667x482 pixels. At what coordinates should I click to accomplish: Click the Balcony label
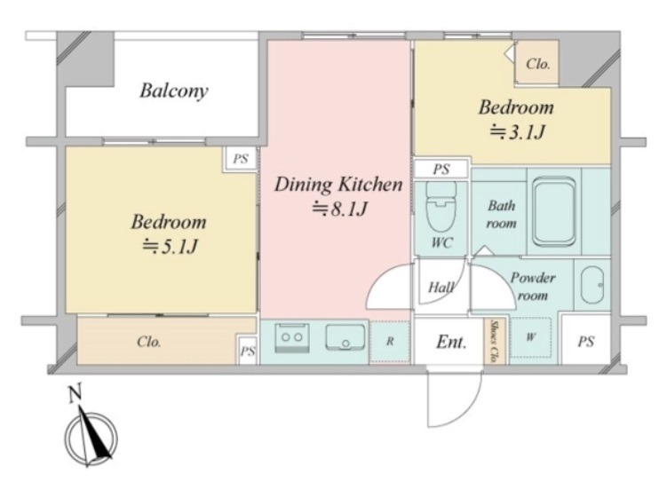[x=174, y=91]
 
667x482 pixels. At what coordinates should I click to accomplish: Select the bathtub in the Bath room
[x=554, y=212]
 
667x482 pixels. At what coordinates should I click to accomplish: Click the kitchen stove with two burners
[x=292, y=338]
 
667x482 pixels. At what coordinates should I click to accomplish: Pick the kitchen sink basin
[x=345, y=337]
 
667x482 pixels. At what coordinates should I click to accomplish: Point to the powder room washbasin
[x=592, y=285]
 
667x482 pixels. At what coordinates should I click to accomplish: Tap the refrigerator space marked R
[x=390, y=342]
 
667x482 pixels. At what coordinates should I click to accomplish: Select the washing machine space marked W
[x=530, y=337]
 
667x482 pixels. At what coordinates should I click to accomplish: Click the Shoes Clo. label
[x=495, y=341]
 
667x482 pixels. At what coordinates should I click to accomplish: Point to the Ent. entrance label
[x=451, y=342]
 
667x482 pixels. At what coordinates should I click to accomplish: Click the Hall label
[x=441, y=288]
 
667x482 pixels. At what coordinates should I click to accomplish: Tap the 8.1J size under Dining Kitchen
[x=339, y=209]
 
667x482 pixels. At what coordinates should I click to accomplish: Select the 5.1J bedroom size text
[x=170, y=247]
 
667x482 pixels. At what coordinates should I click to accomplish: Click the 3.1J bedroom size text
[x=517, y=133]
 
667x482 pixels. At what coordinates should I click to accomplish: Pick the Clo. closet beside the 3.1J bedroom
[x=536, y=64]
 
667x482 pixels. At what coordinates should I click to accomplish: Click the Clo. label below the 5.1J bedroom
[x=149, y=342]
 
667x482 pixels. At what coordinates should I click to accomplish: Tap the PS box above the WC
[x=441, y=170]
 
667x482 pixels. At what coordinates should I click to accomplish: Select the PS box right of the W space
[x=586, y=340]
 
